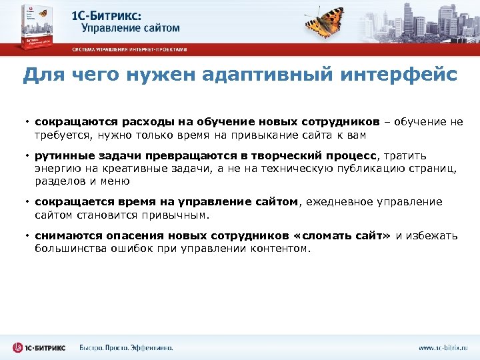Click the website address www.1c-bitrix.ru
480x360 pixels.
[443, 347]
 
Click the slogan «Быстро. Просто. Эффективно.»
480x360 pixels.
[126, 347]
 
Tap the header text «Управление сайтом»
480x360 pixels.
[131, 28]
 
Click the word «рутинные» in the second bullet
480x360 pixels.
[59, 156]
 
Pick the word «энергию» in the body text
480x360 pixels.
[57, 169]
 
